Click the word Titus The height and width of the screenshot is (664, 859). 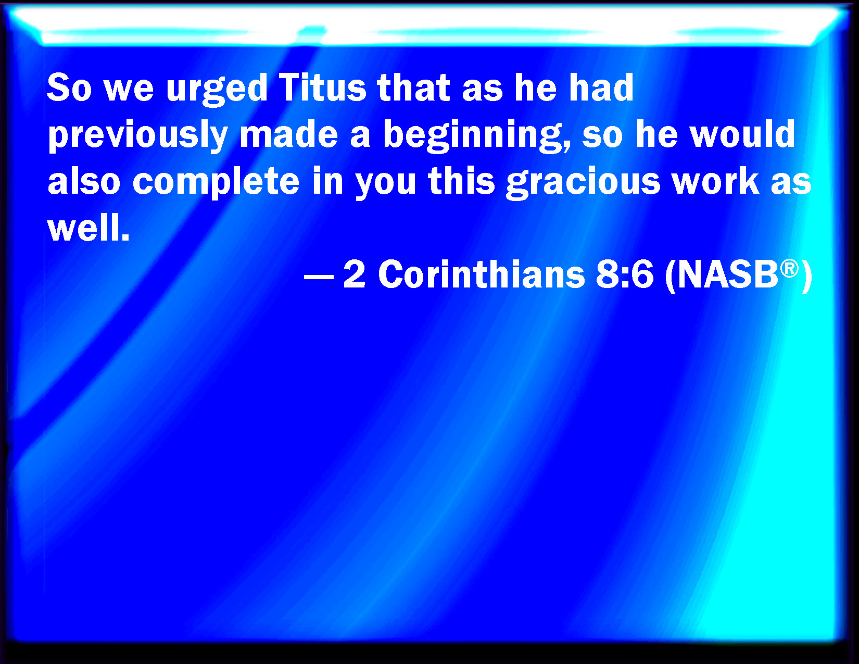coord(323,87)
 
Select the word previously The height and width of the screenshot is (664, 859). coord(137,135)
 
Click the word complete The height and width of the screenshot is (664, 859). coord(216,182)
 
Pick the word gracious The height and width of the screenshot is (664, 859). coord(584,182)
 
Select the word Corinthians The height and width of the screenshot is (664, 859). coord(482,273)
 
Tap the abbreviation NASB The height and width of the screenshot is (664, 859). coord(728,274)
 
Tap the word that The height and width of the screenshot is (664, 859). coord(413,87)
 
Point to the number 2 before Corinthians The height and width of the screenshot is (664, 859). coord(354,273)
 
